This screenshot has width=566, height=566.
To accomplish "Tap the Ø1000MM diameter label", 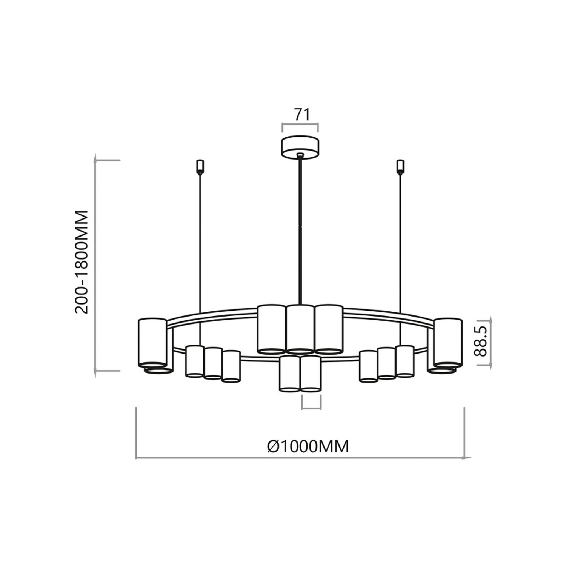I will pyautogui.click(x=308, y=446).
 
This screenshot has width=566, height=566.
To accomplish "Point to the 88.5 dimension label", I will pyautogui.click(x=481, y=342).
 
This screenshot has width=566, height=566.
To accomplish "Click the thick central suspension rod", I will pyautogui.click(x=300, y=230).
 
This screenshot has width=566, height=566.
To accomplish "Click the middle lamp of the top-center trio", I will pyautogui.click(x=300, y=328).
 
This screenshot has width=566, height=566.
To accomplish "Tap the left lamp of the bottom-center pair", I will pyautogui.click(x=290, y=374).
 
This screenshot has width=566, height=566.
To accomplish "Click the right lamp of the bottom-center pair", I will pyautogui.click(x=311, y=374).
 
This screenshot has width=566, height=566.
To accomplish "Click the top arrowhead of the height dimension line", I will pyautogui.click(x=96, y=155).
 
